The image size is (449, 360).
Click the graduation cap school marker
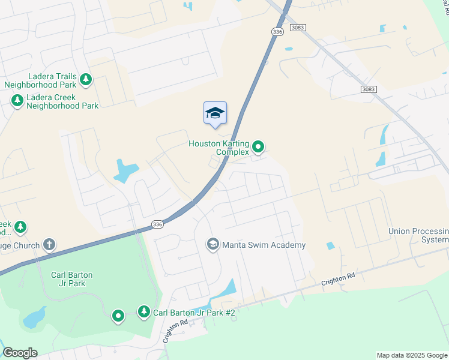pyautogui.click(x=215, y=113)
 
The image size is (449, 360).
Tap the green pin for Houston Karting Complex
pyautogui.click(x=258, y=146)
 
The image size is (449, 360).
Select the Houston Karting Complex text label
pyautogui.click(x=218, y=148)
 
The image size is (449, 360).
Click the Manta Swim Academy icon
pyautogui.click(x=212, y=244)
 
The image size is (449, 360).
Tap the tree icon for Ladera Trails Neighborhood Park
pyautogui.click(x=86, y=79)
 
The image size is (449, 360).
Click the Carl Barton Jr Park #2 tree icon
pyautogui.click(x=143, y=311)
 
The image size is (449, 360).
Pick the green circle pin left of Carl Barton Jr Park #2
pyautogui.click(x=118, y=315)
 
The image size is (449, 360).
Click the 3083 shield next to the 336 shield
pyautogui.click(x=297, y=28)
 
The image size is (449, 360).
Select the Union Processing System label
pyautogui.click(x=418, y=235)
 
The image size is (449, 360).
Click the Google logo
pyautogui.click(x=20, y=353)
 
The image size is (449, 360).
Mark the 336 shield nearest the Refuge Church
pyautogui.click(x=157, y=224)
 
